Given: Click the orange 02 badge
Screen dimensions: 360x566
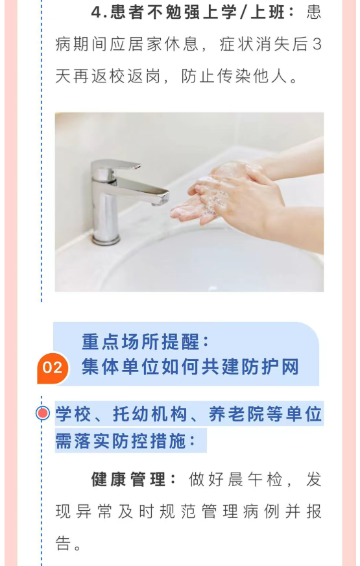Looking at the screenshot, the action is coord(53,368).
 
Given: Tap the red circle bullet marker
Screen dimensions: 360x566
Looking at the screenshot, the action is coord(43,413).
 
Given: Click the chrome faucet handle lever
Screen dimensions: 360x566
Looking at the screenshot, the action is coord(115,166).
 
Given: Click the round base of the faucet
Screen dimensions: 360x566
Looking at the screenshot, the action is coord(106,239).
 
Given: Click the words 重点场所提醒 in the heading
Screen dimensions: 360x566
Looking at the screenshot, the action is coord(141,341).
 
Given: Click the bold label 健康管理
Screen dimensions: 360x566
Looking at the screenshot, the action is coord(128,480).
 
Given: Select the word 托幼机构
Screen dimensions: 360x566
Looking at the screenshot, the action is coord(150,413).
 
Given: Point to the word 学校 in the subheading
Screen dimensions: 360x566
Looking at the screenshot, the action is coord(73,413).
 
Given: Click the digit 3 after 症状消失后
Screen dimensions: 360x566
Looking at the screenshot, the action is coord(317,45).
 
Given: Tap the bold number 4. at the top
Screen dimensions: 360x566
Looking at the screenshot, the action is coord(99,13).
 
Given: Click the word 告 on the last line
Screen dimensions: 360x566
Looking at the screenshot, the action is coord(63,543).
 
